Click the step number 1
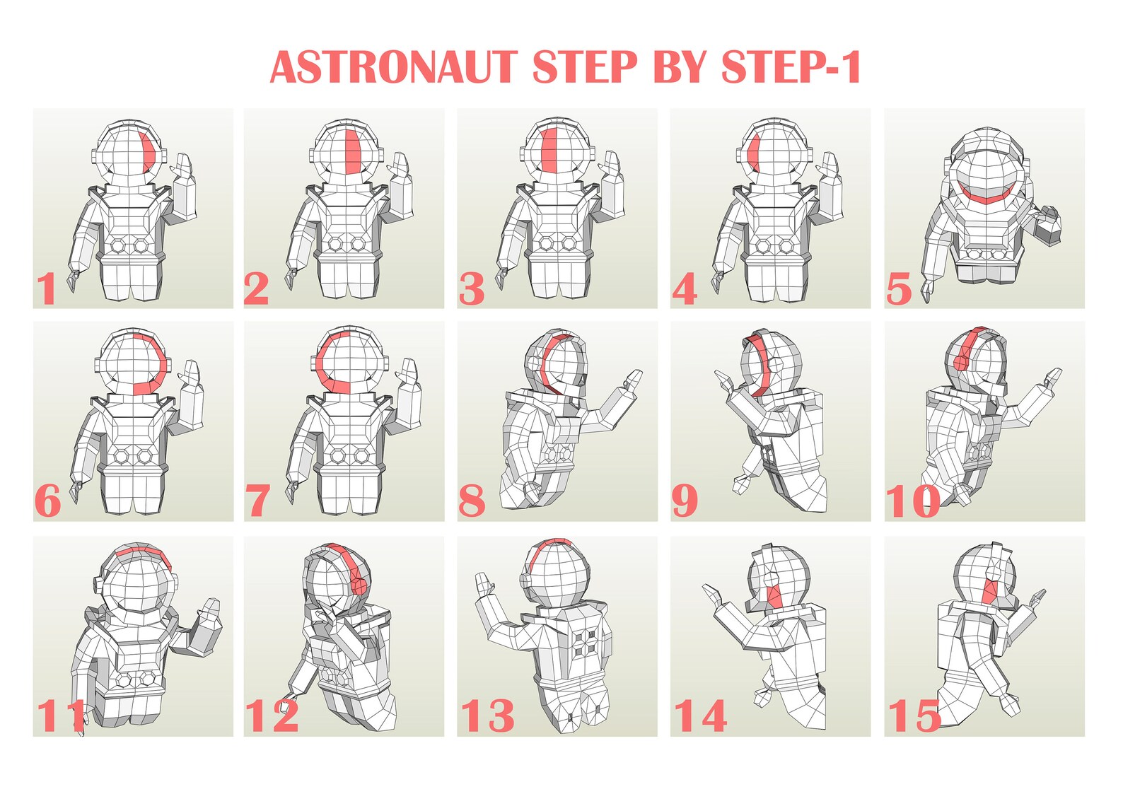(47, 288)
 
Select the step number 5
(899, 289)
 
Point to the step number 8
(472, 501)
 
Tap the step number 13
(487, 716)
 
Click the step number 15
(914, 716)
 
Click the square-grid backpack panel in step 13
(587, 643)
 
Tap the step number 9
(685, 501)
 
